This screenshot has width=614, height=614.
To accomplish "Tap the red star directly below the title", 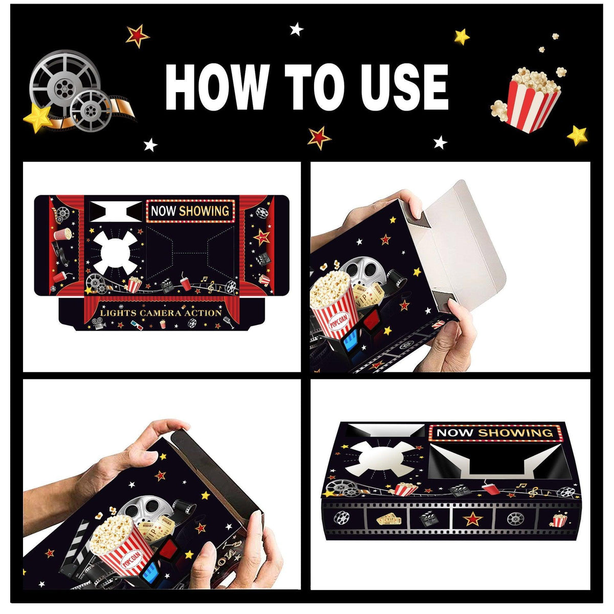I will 318,137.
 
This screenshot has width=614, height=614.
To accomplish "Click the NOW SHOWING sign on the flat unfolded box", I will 190,211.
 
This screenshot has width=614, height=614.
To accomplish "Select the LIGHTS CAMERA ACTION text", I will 161,312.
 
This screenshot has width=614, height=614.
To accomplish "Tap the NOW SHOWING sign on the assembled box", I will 494,433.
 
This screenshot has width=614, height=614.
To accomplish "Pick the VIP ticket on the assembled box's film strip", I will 388,519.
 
